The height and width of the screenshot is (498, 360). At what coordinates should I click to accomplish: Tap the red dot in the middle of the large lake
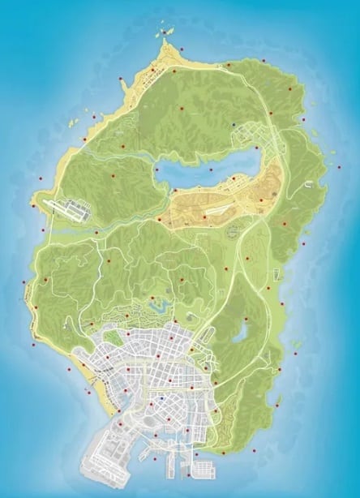pyautogui.click(x=211, y=170)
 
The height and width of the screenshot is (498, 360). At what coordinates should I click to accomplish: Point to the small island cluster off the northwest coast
pyautogui.click(x=71, y=123)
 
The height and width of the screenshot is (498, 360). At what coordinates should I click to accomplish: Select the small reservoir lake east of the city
pyautogui.click(x=241, y=333)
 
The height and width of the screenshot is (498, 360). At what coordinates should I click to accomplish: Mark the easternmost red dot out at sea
pyautogui.click(x=338, y=166)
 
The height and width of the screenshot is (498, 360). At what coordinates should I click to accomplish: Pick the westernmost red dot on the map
pyautogui.click(x=24, y=283)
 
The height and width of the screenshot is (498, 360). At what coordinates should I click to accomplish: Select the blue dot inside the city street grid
pyautogui.click(x=162, y=398)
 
